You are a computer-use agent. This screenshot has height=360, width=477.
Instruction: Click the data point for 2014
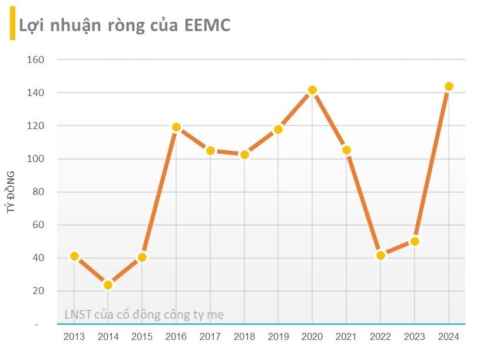pos(108,285)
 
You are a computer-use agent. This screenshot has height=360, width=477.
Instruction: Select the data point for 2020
pos(313,90)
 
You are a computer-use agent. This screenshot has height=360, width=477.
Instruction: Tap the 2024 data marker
pos(449,87)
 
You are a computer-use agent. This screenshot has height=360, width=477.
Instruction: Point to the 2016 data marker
pos(176,127)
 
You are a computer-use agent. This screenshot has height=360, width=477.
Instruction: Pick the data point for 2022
pos(380,255)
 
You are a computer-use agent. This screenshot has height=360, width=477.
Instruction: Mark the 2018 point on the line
pos(244,154)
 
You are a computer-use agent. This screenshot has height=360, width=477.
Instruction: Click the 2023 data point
pos(415,241)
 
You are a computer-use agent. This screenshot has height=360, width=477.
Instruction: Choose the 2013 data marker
pos(74,256)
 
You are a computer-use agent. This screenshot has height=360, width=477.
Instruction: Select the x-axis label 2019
pos(279,336)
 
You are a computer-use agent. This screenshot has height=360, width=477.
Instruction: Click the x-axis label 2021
pos(346,336)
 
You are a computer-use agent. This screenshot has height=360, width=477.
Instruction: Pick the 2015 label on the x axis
pos(142,336)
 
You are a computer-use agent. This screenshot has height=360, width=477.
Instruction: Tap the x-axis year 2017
pos(210,336)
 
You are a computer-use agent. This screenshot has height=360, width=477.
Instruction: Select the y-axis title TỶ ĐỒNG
pos(11,191)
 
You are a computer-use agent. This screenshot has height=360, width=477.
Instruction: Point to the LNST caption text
pos(144,315)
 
